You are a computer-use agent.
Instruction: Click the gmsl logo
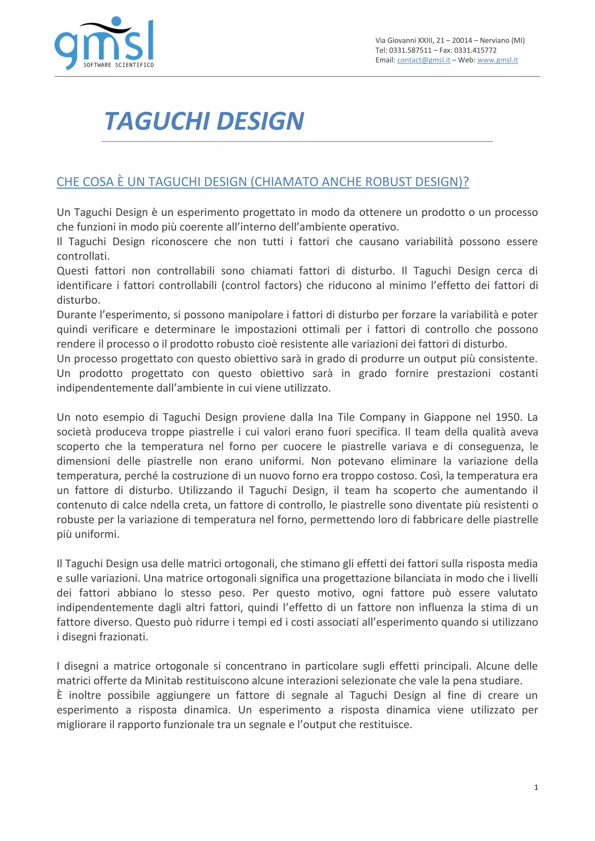104,42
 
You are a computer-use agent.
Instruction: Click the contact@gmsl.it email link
424,60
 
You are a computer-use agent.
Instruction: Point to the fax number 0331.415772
475,50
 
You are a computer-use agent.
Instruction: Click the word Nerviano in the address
494,40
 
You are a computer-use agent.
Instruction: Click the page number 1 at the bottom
536,788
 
